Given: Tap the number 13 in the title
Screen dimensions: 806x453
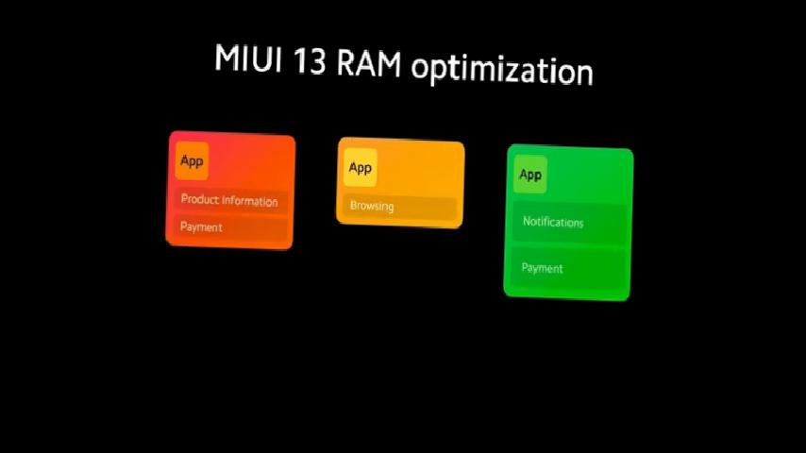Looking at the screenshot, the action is pyautogui.click(x=310, y=61).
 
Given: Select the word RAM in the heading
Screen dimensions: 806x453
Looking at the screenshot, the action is pyautogui.click(x=369, y=64).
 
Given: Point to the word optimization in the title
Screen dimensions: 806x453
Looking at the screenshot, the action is pyautogui.click(x=502, y=71).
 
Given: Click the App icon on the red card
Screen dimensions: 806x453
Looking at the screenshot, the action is pyautogui.click(x=192, y=161).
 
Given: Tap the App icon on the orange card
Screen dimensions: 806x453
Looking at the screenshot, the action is pyautogui.click(x=360, y=168).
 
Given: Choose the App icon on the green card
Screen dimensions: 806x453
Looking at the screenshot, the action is pyautogui.click(x=530, y=175).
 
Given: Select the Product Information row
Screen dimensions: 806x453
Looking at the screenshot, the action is pyautogui.click(x=229, y=200).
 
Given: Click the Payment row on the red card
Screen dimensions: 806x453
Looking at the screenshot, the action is pyautogui.click(x=229, y=227).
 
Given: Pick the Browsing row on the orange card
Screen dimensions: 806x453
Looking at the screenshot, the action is pyautogui.click(x=399, y=207).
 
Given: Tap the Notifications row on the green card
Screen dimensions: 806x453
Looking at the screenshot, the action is pyautogui.click(x=569, y=223).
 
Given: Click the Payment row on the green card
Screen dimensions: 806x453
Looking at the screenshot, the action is pyautogui.click(x=567, y=268).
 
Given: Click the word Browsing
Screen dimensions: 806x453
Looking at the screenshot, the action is pyautogui.click(x=372, y=206).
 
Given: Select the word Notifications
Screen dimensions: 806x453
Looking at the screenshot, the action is pyautogui.click(x=553, y=222).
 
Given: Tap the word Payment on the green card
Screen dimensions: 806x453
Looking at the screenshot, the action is pyautogui.click(x=543, y=268).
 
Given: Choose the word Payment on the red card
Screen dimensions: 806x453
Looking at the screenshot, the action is pyautogui.click(x=201, y=227).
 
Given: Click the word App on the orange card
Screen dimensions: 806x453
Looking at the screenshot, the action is pyautogui.click(x=360, y=168).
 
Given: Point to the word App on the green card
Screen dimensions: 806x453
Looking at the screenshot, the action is pyautogui.click(x=530, y=176).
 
